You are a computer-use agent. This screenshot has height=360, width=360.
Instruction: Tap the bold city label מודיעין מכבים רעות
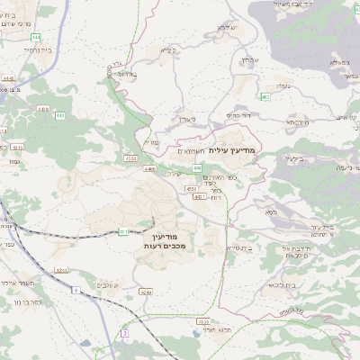coord(165,238)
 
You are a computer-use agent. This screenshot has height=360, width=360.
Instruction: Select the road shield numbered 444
coord(35,37)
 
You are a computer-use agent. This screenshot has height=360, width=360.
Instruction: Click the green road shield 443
coord(61,116)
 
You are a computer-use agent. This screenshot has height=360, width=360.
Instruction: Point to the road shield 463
coord(265,96)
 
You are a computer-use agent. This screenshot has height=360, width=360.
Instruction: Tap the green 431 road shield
coord(123,231)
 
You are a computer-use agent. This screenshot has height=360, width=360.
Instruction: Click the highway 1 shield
coord(76,289)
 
